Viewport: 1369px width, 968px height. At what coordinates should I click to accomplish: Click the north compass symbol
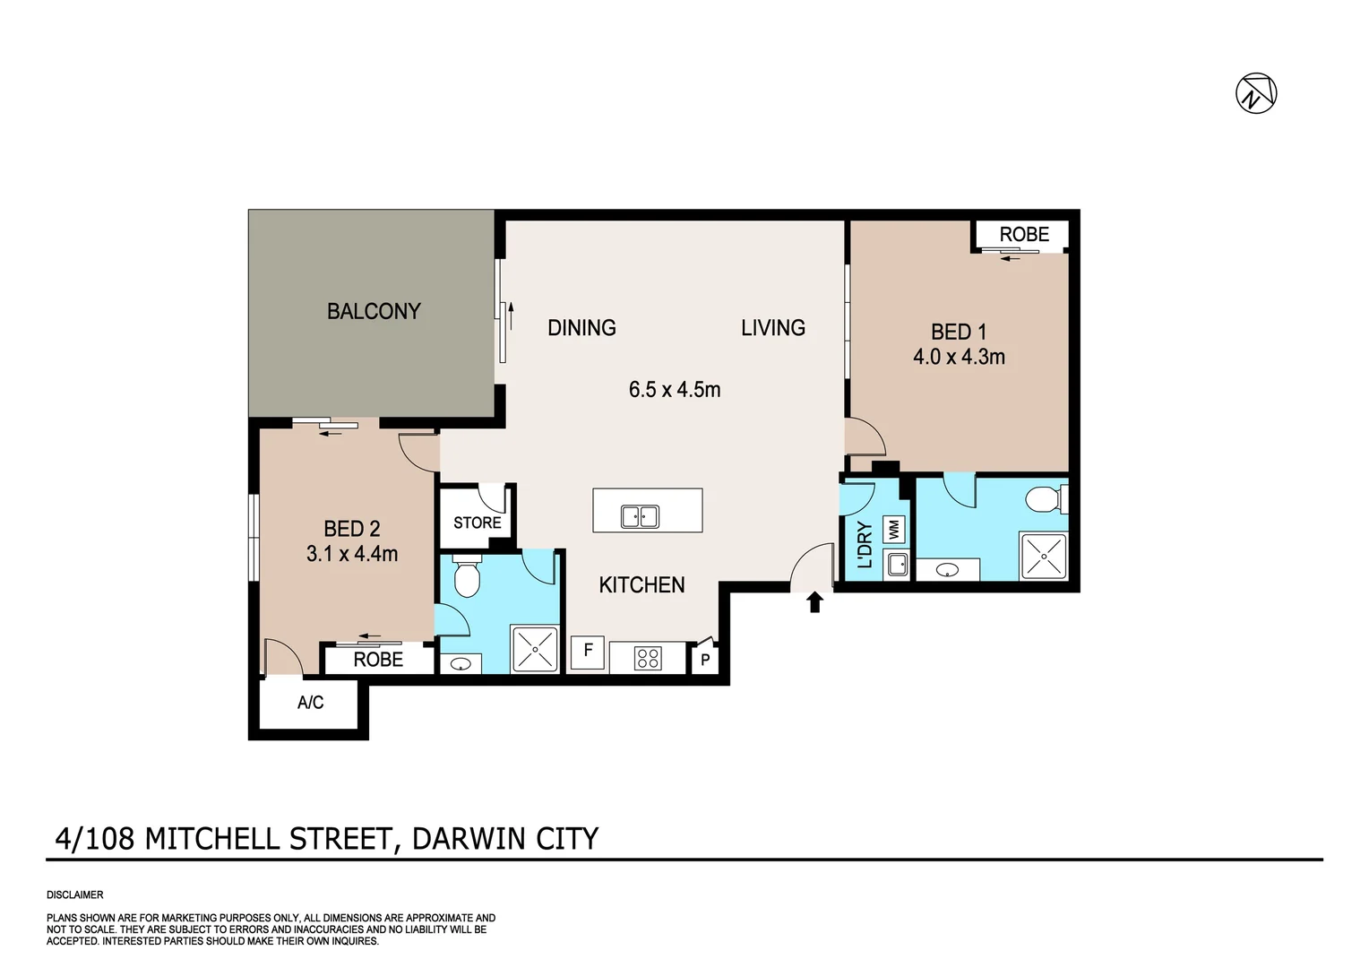[1255, 93]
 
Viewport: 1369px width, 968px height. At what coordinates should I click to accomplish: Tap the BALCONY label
[374, 311]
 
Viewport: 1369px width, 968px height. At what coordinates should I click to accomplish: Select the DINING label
[581, 328]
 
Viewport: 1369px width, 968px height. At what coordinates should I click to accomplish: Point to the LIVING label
[772, 328]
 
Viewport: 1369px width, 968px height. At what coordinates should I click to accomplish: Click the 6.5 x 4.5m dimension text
[674, 390]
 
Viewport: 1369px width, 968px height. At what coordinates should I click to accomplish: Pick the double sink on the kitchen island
[640, 516]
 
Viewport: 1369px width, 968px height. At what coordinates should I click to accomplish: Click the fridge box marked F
[588, 651]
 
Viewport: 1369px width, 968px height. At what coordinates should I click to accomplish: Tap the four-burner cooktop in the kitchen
[647, 659]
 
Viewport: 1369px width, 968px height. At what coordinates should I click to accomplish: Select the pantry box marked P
[705, 660]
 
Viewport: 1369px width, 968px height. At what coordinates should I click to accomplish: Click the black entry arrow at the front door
[814, 602]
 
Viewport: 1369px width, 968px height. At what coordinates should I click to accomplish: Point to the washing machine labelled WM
[893, 530]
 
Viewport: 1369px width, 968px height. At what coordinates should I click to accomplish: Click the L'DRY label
[865, 544]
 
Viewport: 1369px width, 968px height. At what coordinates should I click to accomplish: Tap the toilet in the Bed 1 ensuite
[1045, 498]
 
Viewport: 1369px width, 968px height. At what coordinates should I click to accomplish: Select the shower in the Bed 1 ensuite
[1043, 556]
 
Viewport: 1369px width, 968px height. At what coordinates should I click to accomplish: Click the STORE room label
[477, 523]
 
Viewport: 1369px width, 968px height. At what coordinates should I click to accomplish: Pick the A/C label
[310, 703]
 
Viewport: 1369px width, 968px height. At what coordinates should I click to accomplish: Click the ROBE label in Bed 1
[1023, 235]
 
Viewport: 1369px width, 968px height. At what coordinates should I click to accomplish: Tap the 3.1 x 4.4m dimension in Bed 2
[352, 554]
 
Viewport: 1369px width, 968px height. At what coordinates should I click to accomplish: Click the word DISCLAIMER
[75, 895]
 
